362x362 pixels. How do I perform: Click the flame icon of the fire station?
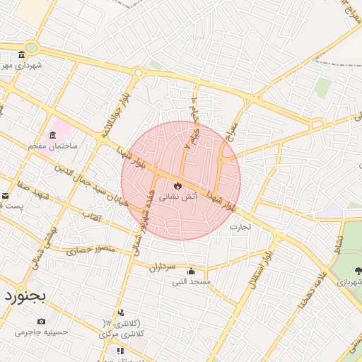click(177, 186)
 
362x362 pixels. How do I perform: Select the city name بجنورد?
click(25, 295)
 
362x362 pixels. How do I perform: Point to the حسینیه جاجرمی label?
click(42, 331)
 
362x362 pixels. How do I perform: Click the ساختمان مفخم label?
click(52, 145)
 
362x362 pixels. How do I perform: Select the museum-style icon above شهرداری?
click(22, 55)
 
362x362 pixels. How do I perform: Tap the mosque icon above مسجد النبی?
click(191, 271)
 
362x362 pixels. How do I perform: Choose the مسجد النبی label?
click(192, 281)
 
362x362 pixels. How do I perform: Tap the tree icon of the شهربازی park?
click(358, 269)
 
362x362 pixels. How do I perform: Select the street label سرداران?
click(162, 267)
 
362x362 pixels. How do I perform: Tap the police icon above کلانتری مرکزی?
click(121, 313)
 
